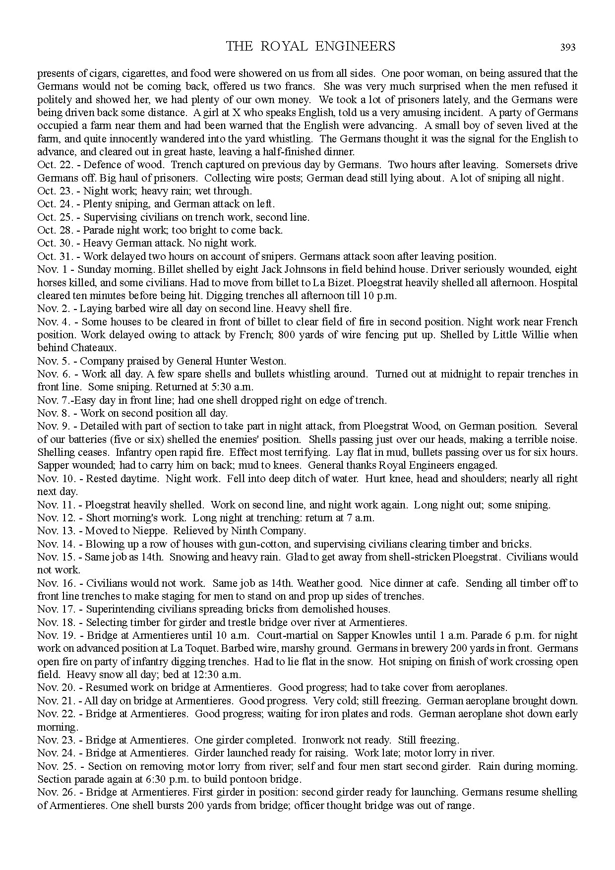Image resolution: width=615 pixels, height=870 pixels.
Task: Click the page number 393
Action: [568, 48]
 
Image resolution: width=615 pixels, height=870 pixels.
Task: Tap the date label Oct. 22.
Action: [53, 165]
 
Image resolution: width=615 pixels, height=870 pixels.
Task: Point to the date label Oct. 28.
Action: [53, 230]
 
